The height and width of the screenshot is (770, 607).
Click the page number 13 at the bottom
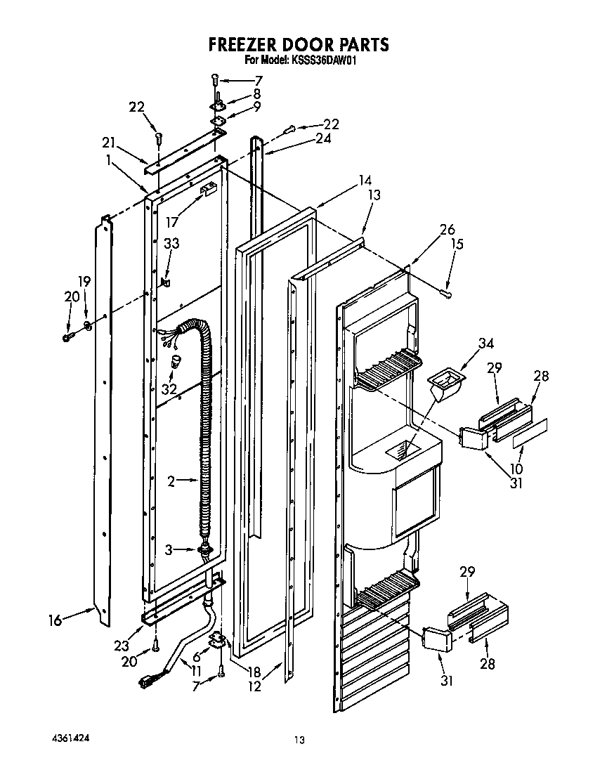[300, 739]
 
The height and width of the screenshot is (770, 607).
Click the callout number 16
[55, 620]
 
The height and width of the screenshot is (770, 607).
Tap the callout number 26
[447, 229]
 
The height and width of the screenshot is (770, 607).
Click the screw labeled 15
[444, 290]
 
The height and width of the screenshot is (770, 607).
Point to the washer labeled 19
[88, 325]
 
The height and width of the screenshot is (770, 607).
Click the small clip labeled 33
[166, 282]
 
